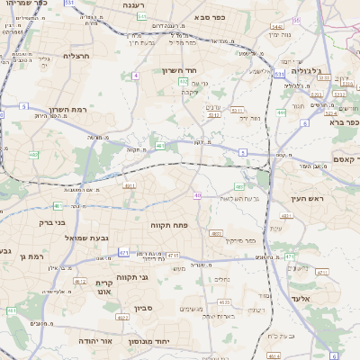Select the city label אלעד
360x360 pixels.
point(301,297)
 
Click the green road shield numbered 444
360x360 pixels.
point(282,112)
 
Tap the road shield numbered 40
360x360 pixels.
point(197,194)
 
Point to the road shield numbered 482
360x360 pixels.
point(33,155)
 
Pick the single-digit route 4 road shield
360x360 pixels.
point(136,76)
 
